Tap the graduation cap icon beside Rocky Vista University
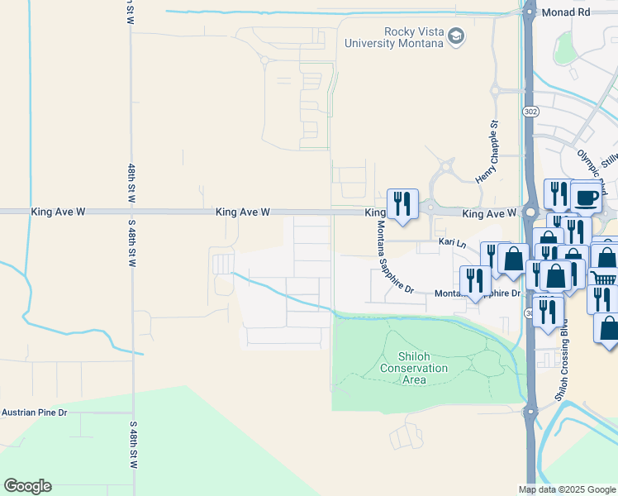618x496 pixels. coord(457,36)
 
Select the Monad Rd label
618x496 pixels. coord(567,13)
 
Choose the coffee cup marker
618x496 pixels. coord(586,198)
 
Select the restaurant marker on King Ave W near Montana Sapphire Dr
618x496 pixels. coord(402,203)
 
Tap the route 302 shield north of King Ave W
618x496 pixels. coord(530,111)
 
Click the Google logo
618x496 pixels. coord(27,486)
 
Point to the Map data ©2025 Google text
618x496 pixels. coord(567,489)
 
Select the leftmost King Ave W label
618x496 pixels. coord(59,212)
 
